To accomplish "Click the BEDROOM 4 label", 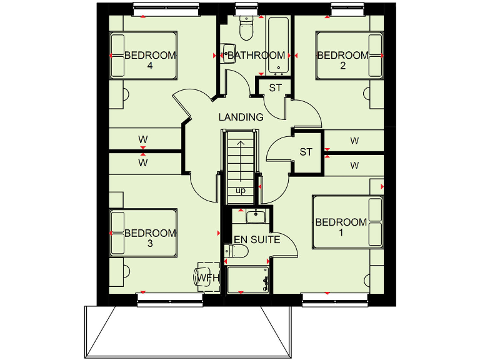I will pyautogui.click(x=150, y=60).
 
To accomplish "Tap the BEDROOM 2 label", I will pyautogui.click(x=342, y=60).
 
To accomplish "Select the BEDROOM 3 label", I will pyautogui.click(x=150, y=238).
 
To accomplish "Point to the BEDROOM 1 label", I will pyautogui.click(x=341, y=227).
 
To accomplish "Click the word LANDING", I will pyautogui.click(x=241, y=117).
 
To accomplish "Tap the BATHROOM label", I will pyautogui.click(x=256, y=56).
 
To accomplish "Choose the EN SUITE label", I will pyautogui.click(x=257, y=239).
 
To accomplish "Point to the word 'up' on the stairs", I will pyautogui.click(x=241, y=190).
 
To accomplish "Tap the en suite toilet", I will pyautogui.click(x=237, y=251).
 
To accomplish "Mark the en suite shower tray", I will pyautogui.click(x=248, y=279).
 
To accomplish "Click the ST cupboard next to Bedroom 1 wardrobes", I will pyautogui.click(x=306, y=152).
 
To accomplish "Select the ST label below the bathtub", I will pyautogui.click(x=276, y=87).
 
